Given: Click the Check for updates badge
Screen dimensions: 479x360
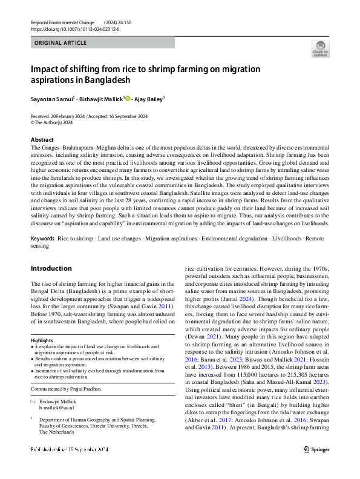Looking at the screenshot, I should click(x=320, y=48).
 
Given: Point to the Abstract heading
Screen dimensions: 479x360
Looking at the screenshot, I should click(x=42, y=140).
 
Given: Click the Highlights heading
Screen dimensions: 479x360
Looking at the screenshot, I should click(x=42, y=340).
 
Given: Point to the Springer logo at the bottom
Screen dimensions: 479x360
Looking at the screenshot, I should click(x=316, y=466).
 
